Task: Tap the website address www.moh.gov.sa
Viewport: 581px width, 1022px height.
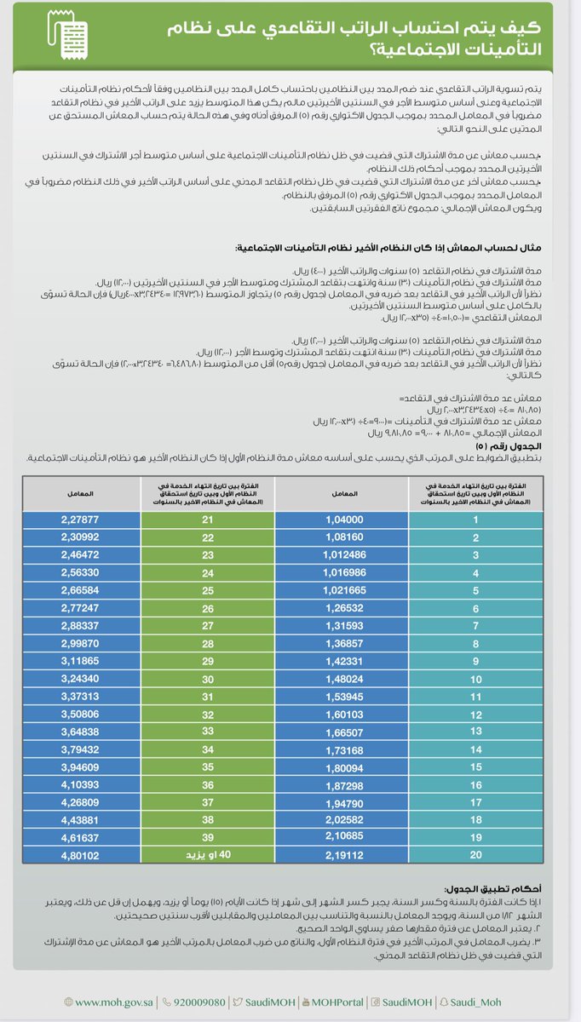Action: point(110,1002)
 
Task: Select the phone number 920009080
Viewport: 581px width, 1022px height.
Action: point(194,1002)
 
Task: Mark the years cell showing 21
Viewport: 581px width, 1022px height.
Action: point(207,519)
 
